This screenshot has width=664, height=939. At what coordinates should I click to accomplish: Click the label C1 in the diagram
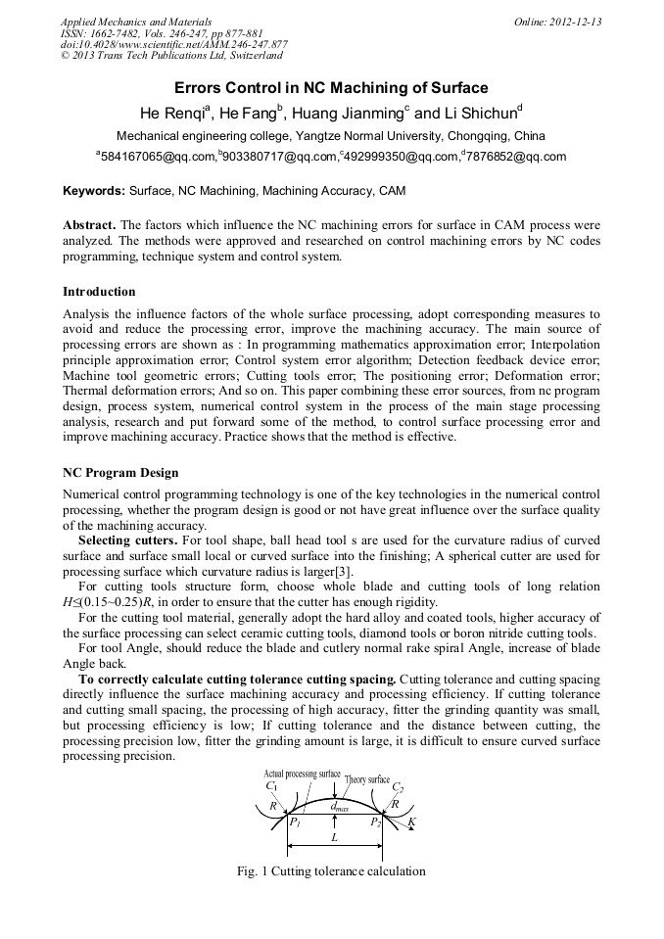[271, 786]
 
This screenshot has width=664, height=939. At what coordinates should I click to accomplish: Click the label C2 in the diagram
[398, 786]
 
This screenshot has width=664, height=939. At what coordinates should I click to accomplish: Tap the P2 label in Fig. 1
[375, 823]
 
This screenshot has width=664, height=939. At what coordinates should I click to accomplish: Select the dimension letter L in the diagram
[335, 838]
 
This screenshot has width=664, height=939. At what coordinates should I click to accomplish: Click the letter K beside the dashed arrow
[411, 822]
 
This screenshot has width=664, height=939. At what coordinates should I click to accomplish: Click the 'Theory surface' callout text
[367, 779]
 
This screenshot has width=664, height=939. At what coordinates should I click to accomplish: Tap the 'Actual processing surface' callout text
[302, 774]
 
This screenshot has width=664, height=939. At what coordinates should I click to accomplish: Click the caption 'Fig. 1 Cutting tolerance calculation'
[331, 870]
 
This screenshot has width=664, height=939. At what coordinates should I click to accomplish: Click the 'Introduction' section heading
[99, 291]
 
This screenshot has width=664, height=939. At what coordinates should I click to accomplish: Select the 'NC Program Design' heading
[120, 473]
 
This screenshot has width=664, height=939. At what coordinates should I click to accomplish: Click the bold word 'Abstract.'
[89, 224]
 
